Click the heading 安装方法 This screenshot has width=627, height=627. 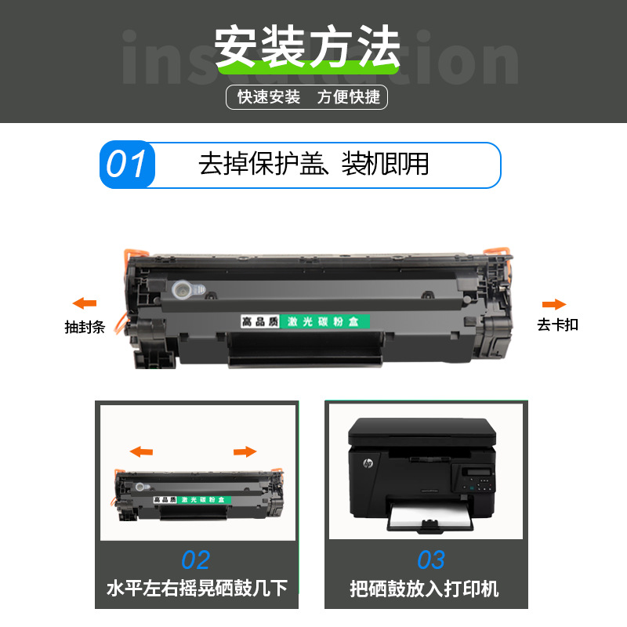tap(307, 47)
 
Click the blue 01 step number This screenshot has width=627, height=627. tap(127, 165)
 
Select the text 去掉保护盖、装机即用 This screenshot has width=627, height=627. tap(313, 165)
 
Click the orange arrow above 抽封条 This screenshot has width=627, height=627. tap(84, 303)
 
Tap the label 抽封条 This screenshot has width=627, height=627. tap(85, 328)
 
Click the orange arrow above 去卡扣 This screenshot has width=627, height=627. tap(554, 304)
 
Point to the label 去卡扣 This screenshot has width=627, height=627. tap(557, 324)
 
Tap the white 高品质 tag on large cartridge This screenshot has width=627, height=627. tap(259, 322)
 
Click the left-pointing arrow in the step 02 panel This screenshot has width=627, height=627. tap(141, 451)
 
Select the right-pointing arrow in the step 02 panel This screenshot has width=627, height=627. tap(245, 451)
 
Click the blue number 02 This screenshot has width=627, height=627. tap(196, 560)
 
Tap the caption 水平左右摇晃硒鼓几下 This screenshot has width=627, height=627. tap(196, 589)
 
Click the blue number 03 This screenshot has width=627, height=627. tap(430, 560)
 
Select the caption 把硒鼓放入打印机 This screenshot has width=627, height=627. tap(424, 589)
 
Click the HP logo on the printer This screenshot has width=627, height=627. tap(366, 465)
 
